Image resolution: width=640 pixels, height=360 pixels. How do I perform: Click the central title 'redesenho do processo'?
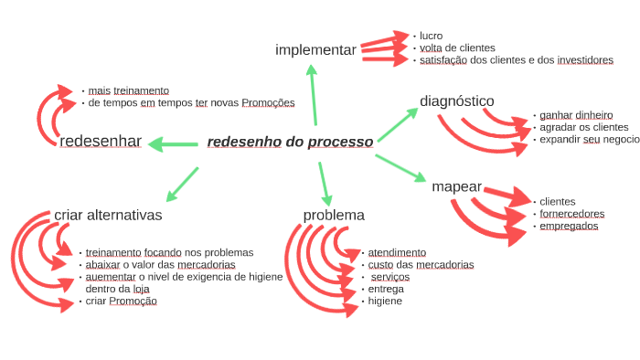point(290,143)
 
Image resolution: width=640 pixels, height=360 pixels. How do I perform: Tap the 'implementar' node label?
point(315,49)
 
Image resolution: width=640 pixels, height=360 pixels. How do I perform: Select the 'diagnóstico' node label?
point(457,101)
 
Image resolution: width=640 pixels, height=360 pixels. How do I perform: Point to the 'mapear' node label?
point(456,186)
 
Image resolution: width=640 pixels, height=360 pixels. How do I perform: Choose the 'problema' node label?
point(334,216)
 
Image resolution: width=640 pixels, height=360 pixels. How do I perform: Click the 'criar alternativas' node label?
point(108,216)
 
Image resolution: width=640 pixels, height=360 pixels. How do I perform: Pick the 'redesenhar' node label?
point(101,142)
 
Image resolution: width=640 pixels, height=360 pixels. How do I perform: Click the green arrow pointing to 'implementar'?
point(313,96)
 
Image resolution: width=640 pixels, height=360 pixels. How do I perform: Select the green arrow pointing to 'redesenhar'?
point(174,143)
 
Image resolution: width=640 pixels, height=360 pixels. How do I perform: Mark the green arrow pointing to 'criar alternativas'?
point(182,183)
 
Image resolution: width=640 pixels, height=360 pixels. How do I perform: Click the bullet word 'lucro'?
point(432,36)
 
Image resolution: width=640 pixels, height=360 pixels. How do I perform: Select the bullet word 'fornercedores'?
point(571,214)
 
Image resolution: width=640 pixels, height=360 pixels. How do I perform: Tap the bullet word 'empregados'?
point(569,226)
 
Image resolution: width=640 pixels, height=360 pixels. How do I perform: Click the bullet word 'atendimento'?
point(397,252)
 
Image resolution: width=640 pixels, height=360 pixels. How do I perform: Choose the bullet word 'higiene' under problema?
point(385,301)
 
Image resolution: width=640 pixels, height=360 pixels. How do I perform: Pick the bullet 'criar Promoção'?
point(121,301)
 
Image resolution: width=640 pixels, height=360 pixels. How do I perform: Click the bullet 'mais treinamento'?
point(129,91)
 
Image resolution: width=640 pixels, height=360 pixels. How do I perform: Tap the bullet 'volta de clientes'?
point(457,48)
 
